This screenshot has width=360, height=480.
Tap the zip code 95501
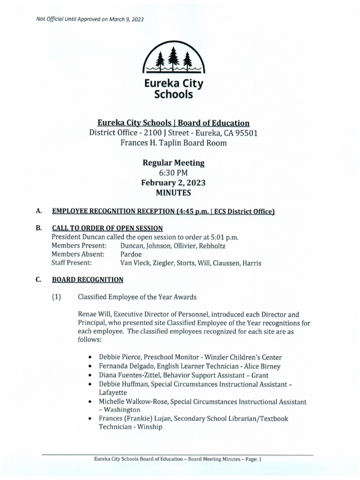pos(245,133)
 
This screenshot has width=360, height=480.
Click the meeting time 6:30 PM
pos(173,173)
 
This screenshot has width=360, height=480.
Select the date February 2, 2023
pos(173,183)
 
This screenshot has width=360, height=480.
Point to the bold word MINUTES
pos(173,193)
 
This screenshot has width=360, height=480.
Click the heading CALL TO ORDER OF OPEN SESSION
pos(107,228)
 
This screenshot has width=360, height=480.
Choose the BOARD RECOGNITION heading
pos(88,280)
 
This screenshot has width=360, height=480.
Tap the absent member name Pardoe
pos(131,254)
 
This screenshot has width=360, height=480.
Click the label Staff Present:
pos(72,263)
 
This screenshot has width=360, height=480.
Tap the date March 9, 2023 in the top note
pos(125,19)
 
